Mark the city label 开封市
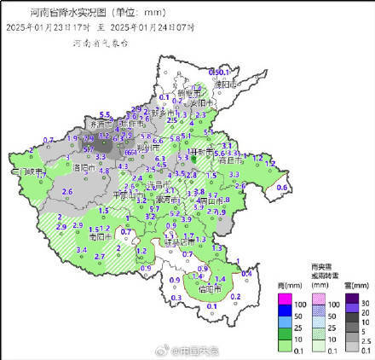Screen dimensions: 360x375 pyautogui.click(x=205, y=153)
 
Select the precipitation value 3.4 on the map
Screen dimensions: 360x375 pyautogui.click(x=82, y=249)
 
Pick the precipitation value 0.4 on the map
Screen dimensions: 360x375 pyautogui.click(x=246, y=272)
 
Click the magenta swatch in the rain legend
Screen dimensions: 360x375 pyautogui.click(x=286, y=303)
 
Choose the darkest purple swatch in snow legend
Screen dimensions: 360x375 pyautogui.click(x=352, y=303)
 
